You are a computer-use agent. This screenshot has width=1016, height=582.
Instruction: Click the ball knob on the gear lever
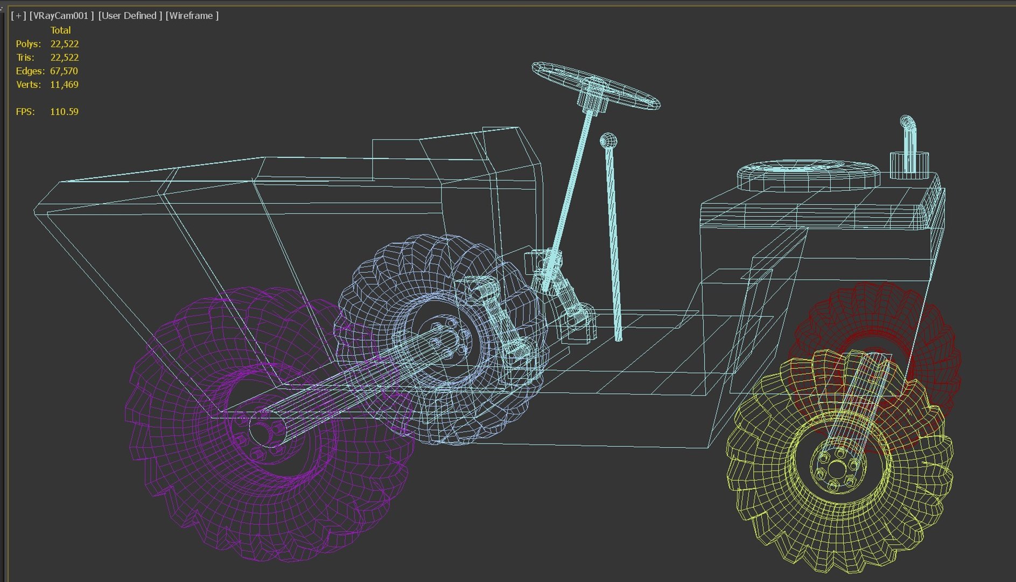(608, 141)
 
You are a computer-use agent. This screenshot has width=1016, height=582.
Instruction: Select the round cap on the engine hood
(808, 172)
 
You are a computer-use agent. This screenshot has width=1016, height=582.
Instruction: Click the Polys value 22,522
(64, 44)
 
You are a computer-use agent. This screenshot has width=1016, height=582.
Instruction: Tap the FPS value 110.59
(64, 112)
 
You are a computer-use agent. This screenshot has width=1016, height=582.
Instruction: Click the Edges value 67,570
(64, 71)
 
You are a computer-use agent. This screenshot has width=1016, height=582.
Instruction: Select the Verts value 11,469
(64, 85)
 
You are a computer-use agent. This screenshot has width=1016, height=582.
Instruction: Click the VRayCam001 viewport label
(61, 16)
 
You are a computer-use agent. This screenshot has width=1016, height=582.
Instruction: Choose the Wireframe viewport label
(192, 16)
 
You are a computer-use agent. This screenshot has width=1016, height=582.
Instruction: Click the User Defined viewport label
(130, 16)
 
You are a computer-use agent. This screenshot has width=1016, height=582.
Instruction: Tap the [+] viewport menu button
(18, 16)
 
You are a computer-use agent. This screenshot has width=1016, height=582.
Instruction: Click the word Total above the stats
(60, 30)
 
